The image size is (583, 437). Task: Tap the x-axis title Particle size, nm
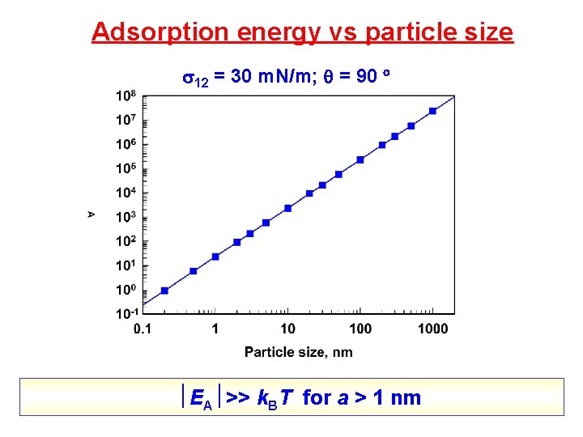(299, 351)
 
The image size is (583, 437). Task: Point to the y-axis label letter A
(91, 214)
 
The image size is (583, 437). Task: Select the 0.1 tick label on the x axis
(143, 328)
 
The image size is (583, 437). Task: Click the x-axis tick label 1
(215, 328)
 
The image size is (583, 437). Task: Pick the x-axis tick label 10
(287, 328)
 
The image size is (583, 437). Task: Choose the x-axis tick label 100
(360, 328)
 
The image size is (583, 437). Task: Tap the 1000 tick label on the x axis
(432, 328)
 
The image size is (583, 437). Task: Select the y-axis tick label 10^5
(126, 169)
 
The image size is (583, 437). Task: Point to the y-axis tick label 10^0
(126, 290)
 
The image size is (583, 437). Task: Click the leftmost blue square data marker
(164, 290)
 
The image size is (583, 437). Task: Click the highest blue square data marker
(432, 111)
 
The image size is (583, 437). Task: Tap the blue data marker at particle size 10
(287, 208)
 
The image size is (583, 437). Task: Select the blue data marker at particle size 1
(215, 257)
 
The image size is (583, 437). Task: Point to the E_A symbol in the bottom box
(201, 398)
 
